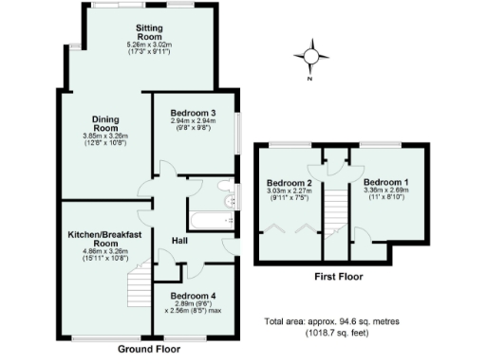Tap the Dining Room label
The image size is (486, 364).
click(104, 123)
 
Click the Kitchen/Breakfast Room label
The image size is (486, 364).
click(104, 238)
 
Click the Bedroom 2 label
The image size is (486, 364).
click(289, 182)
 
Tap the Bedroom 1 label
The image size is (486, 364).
click(385, 182)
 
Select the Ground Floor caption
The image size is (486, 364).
click(150, 349)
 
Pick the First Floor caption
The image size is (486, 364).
click(337, 277)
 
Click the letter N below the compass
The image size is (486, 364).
click(310, 79)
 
